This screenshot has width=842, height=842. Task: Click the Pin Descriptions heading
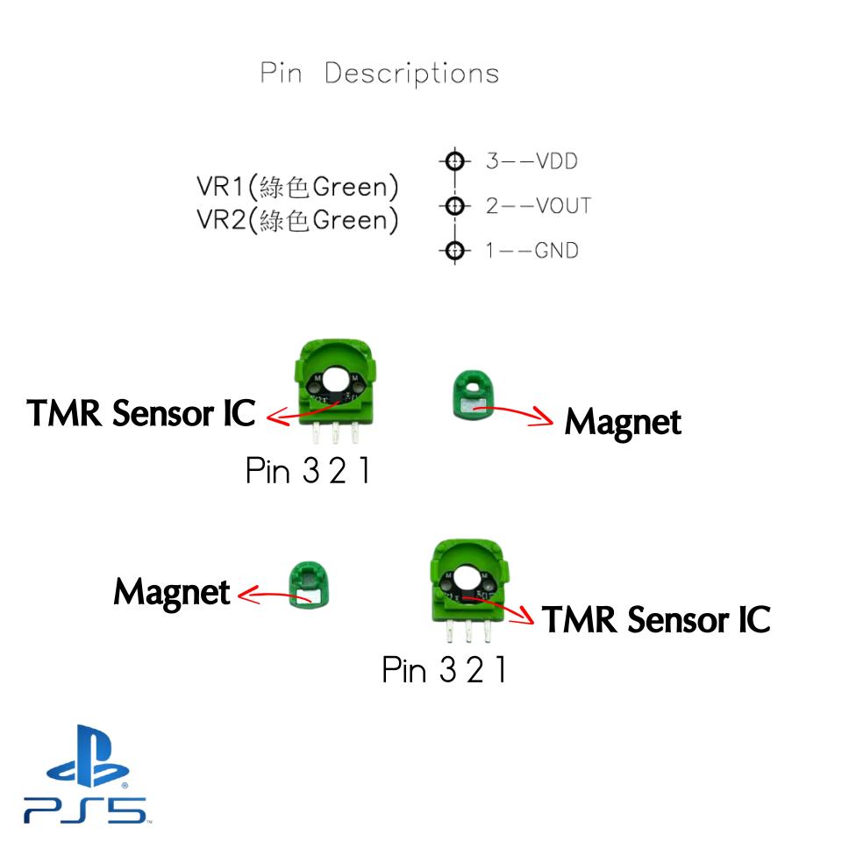point(380,74)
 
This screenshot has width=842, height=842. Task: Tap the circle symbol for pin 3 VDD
point(453,161)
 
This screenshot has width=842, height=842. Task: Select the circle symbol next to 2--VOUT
point(453,206)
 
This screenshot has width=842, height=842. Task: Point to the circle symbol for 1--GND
point(453,251)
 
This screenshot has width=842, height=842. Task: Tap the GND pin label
point(556,251)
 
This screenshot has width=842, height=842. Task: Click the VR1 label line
point(297,187)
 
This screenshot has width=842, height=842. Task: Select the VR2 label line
point(297,220)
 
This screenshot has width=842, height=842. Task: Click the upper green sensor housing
point(336,386)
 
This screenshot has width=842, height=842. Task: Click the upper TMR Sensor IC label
point(140,413)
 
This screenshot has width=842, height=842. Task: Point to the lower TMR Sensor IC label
point(655,620)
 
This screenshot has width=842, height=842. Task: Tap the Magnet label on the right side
point(622,422)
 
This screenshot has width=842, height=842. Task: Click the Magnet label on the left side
point(171,592)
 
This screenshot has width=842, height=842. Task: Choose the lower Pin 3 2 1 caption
point(443,671)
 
